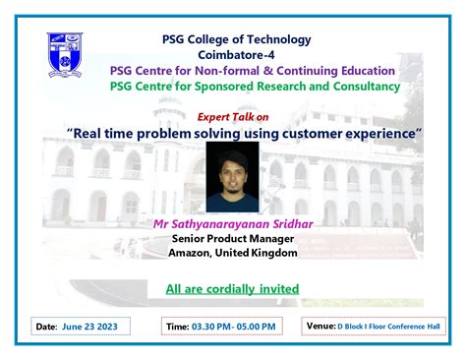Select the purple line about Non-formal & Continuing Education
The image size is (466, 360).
pyautogui.click(x=254, y=71)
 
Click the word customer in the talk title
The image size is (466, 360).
pyautogui.click(x=332, y=131)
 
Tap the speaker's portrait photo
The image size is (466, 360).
pyautogui.click(x=233, y=177)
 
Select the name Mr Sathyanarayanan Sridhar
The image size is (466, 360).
pyautogui.click(x=232, y=224)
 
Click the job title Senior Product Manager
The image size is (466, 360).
pyautogui.click(x=233, y=239)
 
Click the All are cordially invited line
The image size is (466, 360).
pyautogui.click(x=232, y=289)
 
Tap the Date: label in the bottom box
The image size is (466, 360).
pyautogui.click(x=46, y=326)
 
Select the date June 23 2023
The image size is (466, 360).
pyautogui.click(x=90, y=326)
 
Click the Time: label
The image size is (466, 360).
pyautogui.click(x=178, y=326)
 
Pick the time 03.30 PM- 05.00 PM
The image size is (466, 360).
pyautogui.click(x=234, y=326)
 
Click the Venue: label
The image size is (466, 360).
pyautogui.click(x=321, y=325)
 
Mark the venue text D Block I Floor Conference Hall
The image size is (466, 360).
pyautogui.click(x=389, y=326)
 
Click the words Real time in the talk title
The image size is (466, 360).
pyautogui.click(x=100, y=131)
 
